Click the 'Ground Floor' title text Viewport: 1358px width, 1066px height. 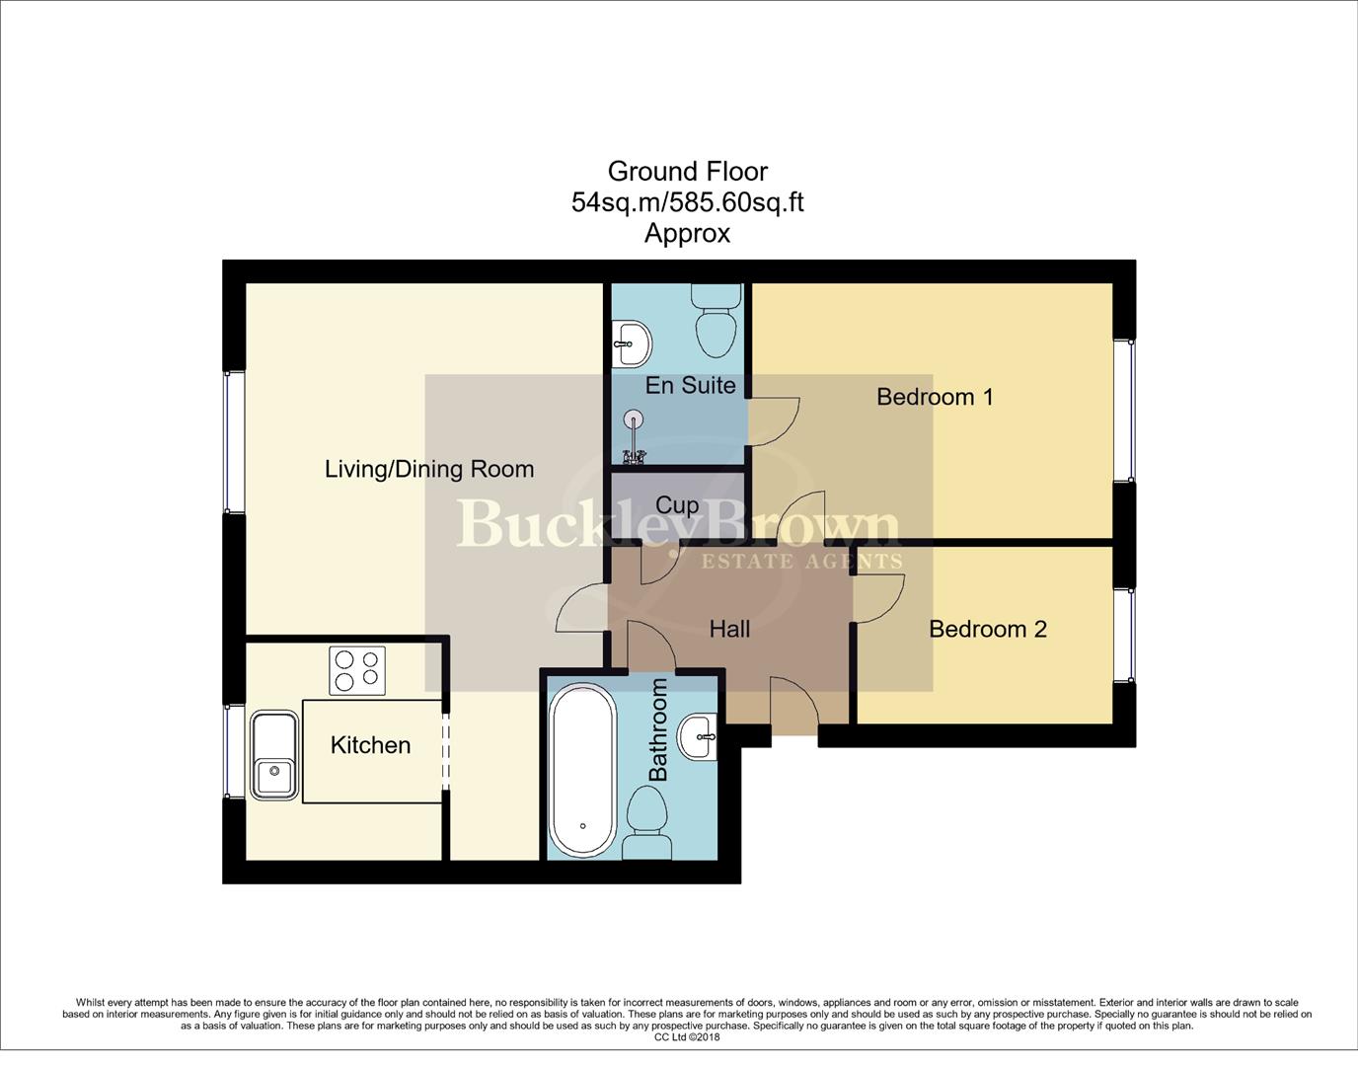pos(687,172)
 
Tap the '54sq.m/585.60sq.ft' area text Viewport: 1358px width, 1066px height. pos(687,202)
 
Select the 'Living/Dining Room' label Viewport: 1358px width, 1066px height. pos(429,469)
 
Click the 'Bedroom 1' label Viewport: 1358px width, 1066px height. pos(935,397)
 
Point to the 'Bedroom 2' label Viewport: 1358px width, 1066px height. pos(987,630)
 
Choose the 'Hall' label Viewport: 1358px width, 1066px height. pos(729,630)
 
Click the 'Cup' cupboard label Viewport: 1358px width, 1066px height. pos(677,505)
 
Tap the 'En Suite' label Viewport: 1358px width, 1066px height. pos(690,385)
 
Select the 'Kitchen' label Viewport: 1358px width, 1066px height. pos(370,745)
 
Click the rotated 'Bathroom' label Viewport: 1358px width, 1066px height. pos(658,729)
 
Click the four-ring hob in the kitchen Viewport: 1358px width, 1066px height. pos(357,670)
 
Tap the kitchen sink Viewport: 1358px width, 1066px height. pos(274,755)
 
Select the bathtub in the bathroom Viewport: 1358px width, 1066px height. pos(582,770)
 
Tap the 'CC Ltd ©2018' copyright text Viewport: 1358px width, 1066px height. pos(687,1037)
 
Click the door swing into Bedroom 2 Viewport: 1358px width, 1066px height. pos(878,599)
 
